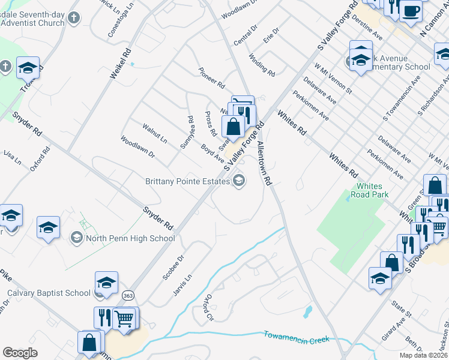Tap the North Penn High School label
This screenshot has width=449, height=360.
pos(131,238)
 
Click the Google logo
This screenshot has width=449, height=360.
pos(20,353)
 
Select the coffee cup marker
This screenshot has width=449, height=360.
pos(411,10)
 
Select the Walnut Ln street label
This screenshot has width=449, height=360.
pos(154,133)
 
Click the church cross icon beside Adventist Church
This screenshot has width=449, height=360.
pos(73,18)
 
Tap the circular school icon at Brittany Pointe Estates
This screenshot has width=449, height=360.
pos(239,181)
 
